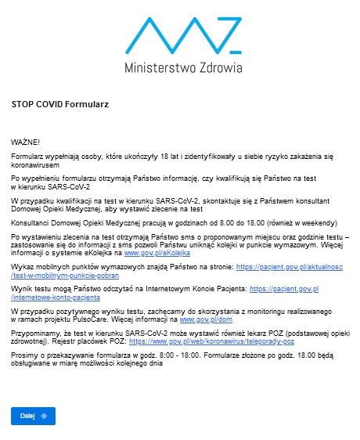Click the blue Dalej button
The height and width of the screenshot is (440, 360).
33,416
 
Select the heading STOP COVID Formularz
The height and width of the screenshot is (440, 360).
59,103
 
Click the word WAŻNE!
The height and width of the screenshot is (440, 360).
26,142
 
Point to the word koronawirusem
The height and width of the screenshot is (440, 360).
36,166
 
